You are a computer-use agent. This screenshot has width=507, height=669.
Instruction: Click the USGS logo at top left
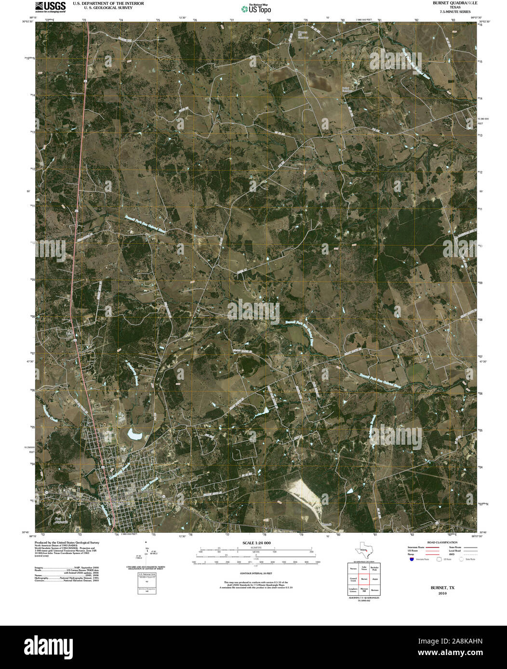[50, 6]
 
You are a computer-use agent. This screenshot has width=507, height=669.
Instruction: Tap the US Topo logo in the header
[256, 8]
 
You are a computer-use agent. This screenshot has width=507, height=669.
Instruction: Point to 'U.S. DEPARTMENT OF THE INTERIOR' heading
[102, 3]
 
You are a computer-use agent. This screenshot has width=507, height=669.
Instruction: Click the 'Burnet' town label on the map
[118, 502]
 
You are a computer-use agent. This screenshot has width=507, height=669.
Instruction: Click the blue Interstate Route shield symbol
[411, 559]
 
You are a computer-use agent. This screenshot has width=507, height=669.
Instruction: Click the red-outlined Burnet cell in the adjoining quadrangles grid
[364, 579]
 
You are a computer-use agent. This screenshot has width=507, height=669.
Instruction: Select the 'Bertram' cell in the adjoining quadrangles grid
[374, 590]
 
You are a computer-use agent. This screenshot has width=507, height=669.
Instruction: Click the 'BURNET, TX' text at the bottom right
[442, 588]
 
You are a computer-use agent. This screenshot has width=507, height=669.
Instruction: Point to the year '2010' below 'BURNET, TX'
[442, 593]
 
